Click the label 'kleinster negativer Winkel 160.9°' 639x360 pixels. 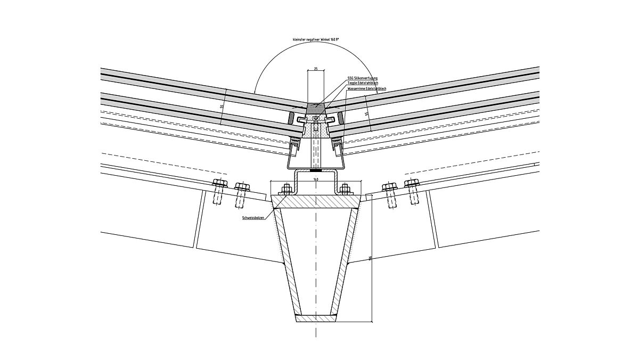point(316,39)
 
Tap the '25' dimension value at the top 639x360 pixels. point(316,69)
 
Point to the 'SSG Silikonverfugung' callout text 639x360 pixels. point(362,78)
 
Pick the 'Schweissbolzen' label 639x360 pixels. point(253,218)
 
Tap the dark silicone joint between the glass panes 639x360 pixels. point(316,108)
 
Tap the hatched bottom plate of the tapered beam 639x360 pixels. point(316,318)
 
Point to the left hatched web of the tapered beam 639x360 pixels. point(286,261)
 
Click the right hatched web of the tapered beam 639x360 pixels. point(346,261)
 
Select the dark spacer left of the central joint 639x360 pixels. point(292,117)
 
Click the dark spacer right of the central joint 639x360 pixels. point(339,117)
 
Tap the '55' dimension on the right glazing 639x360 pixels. point(366,113)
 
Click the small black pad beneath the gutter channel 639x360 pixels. point(316,171)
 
